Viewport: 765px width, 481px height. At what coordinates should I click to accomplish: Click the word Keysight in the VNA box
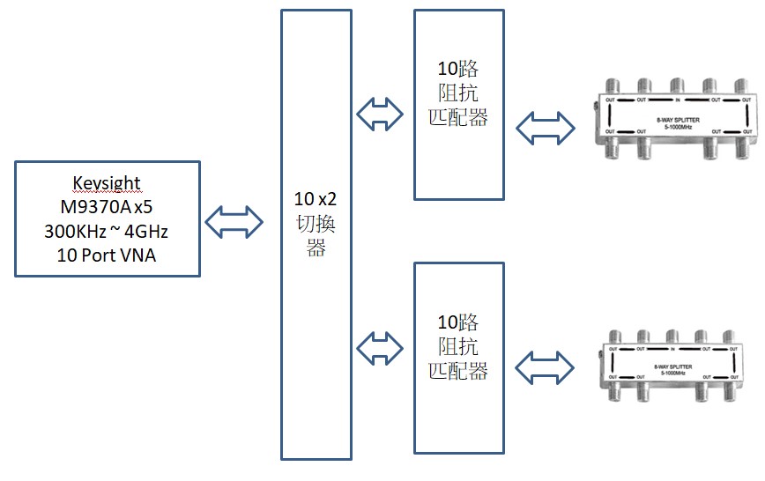pyautogui.click(x=107, y=183)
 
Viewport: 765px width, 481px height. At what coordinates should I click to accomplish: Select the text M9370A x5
pyautogui.click(x=107, y=207)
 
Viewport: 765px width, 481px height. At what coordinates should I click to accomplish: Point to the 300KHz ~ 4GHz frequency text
pyautogui.click(x=107, y=232)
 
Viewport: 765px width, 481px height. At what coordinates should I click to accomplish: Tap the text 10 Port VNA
pyautogui.click(x=107, y=256)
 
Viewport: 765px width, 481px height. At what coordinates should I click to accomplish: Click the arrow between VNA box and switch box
pyautogui.click(x=234, y=221)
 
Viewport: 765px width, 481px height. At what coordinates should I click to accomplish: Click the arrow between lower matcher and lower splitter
pyautogui.click(x=545, y=367)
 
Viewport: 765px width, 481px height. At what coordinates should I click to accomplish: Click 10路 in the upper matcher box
pyautogui.click(x=458, y=69)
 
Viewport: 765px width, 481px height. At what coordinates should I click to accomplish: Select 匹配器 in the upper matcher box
pyautogui.click(x=458, y=116)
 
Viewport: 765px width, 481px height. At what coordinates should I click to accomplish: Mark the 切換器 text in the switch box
pyautogui.click(x=316, y=233)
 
